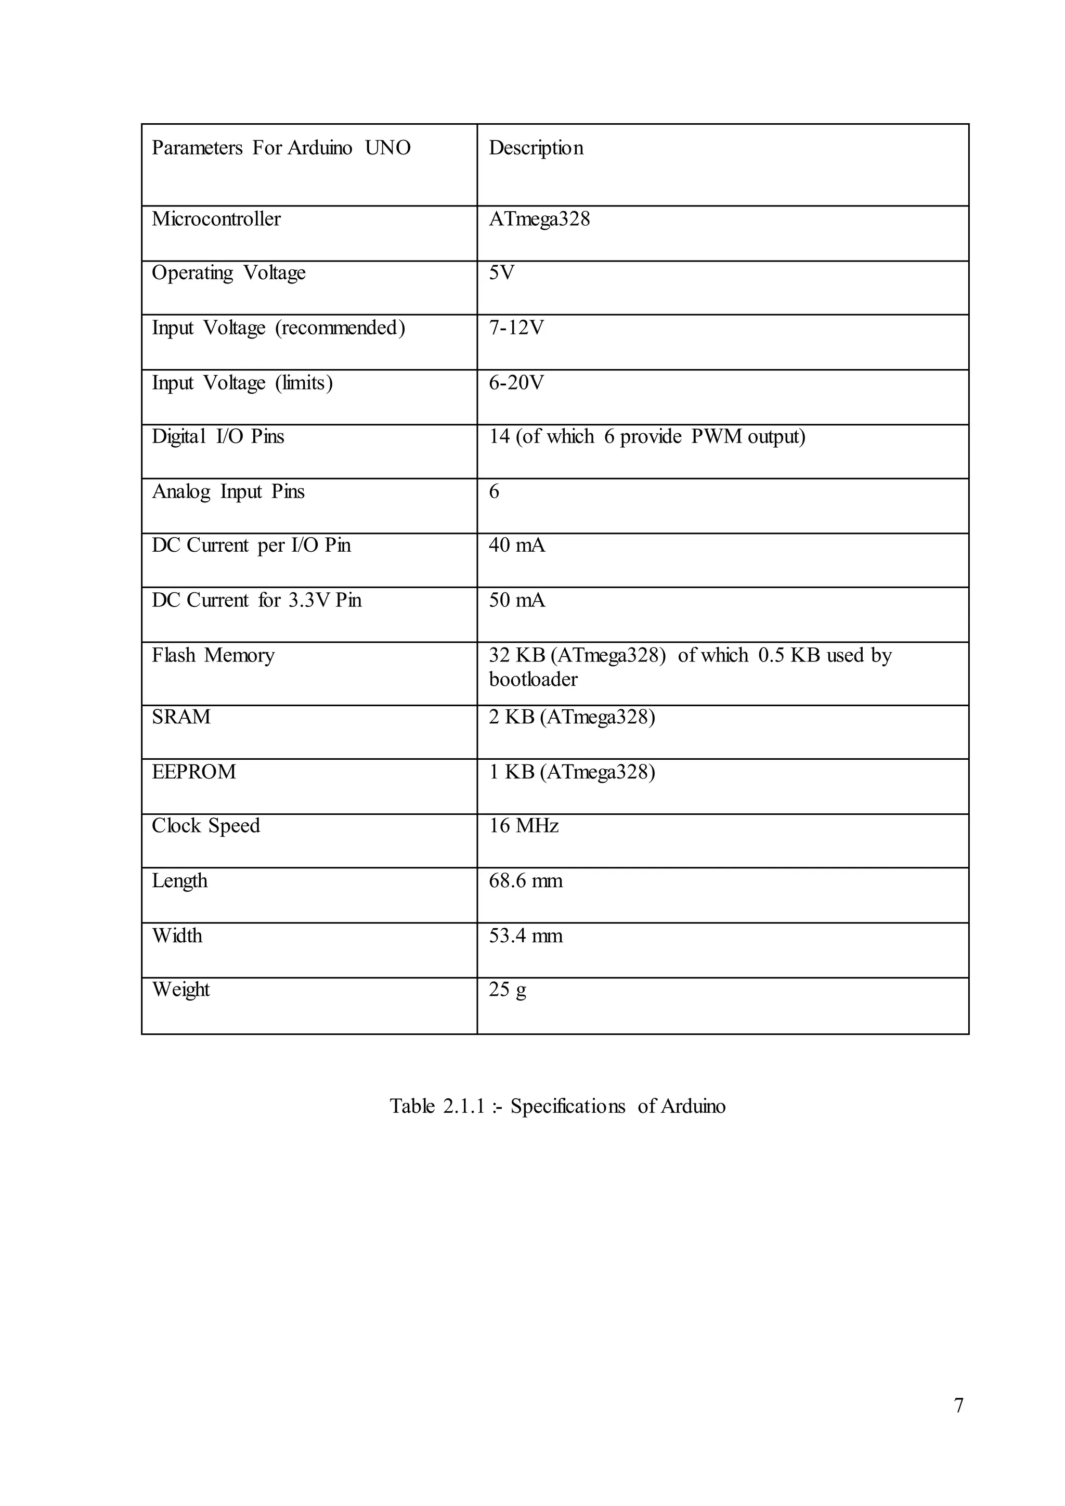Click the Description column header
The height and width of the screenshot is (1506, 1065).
point(536,148)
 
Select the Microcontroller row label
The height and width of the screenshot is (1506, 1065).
point(216,219)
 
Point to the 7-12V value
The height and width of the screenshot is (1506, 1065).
point(516,328)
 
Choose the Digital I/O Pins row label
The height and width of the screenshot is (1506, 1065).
point(218,437)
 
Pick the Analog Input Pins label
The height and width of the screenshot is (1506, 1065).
point(228,492)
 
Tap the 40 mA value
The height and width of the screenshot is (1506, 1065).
point(517,546)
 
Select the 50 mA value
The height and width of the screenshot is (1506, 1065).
point(517,601)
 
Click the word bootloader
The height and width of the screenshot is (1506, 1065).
point(533,680)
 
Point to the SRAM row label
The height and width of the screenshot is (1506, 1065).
point(181,717)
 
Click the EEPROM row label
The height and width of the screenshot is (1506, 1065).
point(193,772)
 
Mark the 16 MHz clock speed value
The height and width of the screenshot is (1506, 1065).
point(523,826)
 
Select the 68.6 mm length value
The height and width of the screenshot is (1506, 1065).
point(525,881)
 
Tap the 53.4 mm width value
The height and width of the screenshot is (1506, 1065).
point(525,936)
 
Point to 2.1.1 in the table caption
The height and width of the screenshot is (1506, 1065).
point(463,1107)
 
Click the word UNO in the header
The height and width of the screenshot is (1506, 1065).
point(387,148)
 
